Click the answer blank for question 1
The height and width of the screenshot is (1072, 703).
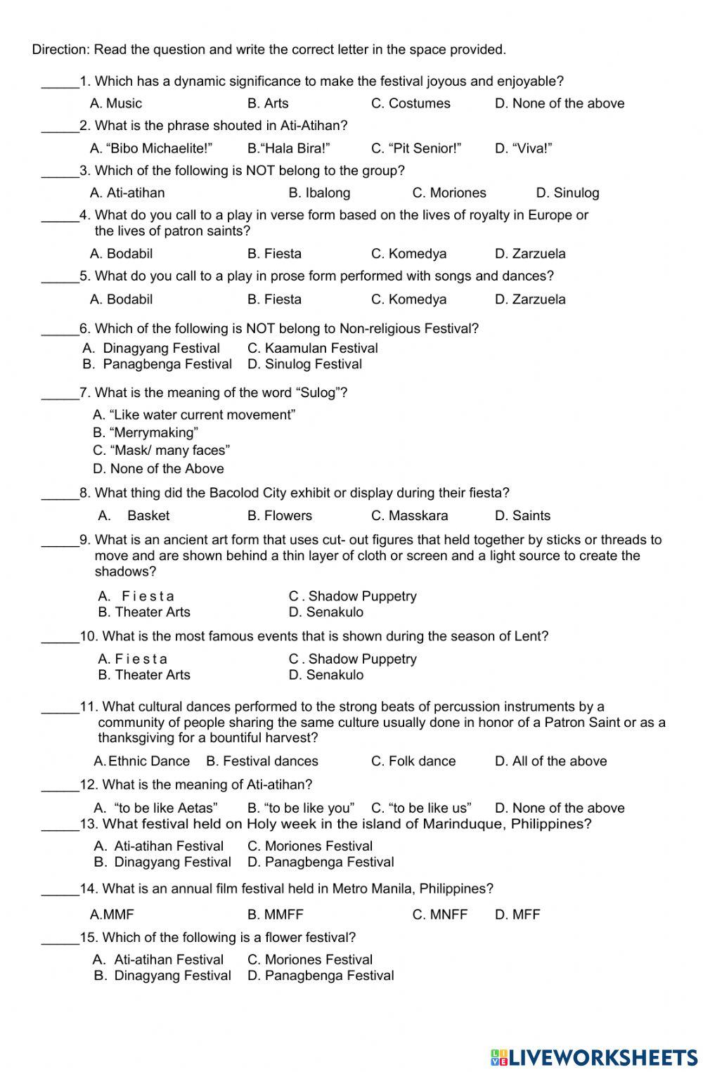(60, 83)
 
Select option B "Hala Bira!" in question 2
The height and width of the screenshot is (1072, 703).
(288, 148)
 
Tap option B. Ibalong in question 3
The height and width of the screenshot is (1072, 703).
(319, 193)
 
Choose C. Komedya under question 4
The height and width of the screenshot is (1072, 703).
(408, 254)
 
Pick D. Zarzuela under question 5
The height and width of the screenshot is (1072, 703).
(530, 299)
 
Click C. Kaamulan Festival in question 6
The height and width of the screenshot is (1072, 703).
(312, 349)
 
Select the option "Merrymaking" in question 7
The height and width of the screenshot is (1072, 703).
(146, 433)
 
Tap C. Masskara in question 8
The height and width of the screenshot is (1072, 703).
(409, 516)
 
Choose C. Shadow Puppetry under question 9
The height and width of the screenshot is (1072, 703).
(352, 597)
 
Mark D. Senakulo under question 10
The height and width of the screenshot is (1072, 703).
(326, 676)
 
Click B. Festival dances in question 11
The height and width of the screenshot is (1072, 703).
(262, 761)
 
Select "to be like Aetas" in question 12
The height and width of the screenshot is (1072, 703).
(156, 808)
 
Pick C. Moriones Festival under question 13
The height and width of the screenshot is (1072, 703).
(309, 846)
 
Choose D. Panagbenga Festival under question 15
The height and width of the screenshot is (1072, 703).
(320, 976)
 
